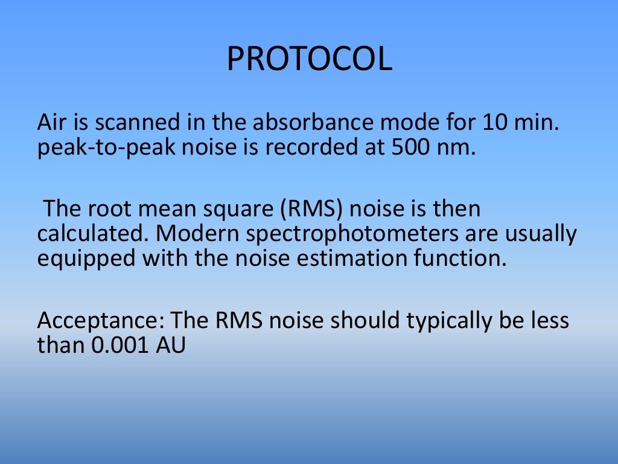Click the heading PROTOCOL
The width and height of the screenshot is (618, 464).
pyautogui.click(x=309, y=59)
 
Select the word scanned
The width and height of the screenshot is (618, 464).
pyautogui.click(x=118, y=123)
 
